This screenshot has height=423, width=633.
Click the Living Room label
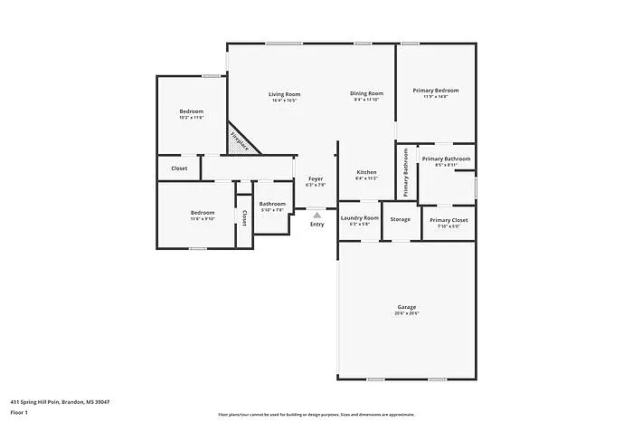[284, 94]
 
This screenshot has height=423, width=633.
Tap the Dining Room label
[367, 93]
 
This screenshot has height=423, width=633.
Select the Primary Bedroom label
[436, 91]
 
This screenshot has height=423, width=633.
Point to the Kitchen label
[366, 172]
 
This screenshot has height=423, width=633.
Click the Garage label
[406, 306]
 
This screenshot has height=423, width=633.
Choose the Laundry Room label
[359, 218]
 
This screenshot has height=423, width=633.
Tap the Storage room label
[401, 219]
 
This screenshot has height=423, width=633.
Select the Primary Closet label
[449, 220]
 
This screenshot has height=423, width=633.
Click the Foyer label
[316, 179]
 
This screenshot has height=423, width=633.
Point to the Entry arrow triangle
[316, 216]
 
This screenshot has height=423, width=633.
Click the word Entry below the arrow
[316, 225]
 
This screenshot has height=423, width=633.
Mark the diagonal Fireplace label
[241, 141]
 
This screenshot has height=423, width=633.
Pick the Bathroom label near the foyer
[272, 204]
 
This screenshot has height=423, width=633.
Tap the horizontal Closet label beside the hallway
[179, 168]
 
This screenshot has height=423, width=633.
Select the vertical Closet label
[243, 218]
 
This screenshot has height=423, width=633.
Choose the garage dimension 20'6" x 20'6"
[406, 313]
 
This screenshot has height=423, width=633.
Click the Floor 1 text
[20, 412]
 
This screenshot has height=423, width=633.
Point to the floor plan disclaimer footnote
[316, 414]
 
